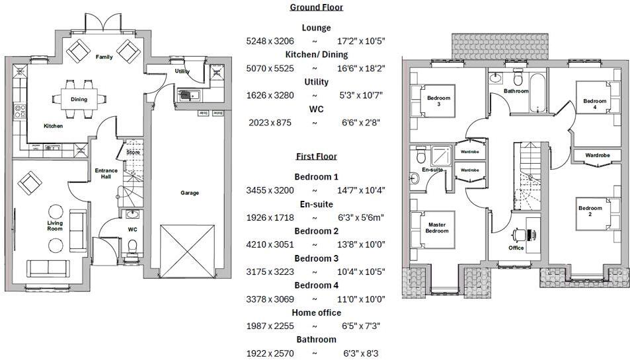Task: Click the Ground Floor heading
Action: pos(316,7)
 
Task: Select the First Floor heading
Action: pos(316,157)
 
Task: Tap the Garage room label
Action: pos(190,193)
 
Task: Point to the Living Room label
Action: pos(54,227)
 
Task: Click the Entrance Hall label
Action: pos(106,174)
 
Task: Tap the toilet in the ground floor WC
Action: pos(132,247)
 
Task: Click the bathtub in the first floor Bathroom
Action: pos(535,93)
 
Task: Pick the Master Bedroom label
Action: pos(436,228)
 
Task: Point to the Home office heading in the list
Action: pos(316,312)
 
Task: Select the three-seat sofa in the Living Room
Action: pos(48,268)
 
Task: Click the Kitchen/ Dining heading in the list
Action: pos(316,55)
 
